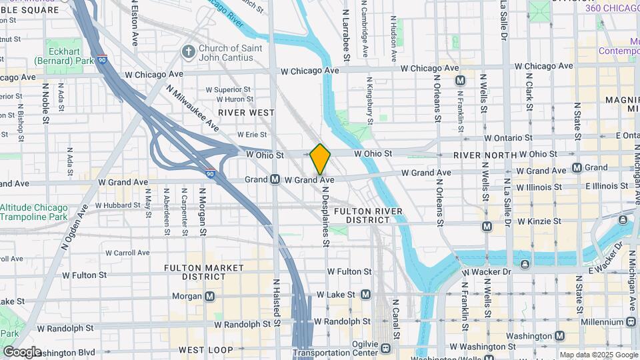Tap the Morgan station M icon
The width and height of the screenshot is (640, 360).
[210, 296]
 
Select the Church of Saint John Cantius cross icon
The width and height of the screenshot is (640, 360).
[189, 51]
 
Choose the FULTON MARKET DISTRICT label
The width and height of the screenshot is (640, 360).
[196, 272]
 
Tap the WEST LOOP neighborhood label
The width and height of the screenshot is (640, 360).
[200, 350]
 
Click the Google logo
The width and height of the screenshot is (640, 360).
[22, 351]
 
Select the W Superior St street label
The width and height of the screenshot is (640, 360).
[228, 89]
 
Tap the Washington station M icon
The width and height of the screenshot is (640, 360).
[560, 336]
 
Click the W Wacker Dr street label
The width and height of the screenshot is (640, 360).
[489, 272]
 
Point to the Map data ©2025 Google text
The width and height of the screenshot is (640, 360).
[598, 355]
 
